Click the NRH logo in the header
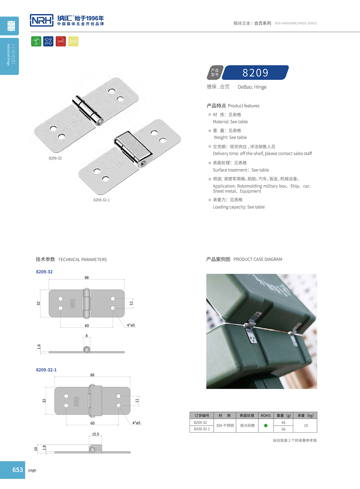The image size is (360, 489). tap(42, 20)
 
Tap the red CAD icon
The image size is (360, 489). tap(61, 41)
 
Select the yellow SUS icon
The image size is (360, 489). tap(73, 41)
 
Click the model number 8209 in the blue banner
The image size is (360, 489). tap(255, 73)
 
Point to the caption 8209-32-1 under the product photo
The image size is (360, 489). tap(101, 200)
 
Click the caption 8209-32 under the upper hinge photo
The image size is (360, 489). tap(55, 158)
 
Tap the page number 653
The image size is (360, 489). tap(17, 470)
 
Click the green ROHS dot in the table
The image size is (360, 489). tap(266, 425)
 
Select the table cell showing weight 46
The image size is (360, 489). tap(283, 422)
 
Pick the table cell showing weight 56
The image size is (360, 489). tap(283, 429)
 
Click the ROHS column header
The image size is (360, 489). tap(266, 415)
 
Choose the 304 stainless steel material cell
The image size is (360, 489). tap(225, 425)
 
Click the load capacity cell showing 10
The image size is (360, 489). tap(306, 425)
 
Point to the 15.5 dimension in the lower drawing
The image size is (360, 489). tap(96, 434)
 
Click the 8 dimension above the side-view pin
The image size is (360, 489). tap(87, 336)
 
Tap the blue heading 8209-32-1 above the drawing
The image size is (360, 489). tap(46, 370)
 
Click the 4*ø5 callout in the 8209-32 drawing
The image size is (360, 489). tap(131, 325)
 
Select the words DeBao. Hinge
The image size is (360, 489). tap(252, 87)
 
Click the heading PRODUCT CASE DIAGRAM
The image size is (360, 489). tap(258, 259)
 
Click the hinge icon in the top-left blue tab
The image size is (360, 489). tap(11, 26)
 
